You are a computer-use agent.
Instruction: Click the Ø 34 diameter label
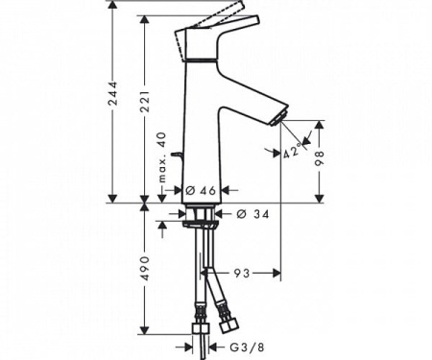point(252,213)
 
